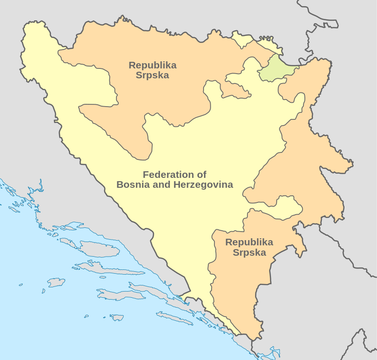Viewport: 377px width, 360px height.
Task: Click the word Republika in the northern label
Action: click(x=152, y=65)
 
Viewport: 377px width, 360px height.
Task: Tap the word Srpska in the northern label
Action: click(x=152, y=75)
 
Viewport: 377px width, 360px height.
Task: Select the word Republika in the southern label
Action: click(x=249, y=242)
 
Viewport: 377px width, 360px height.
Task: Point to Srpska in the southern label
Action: click(x=249, y=252)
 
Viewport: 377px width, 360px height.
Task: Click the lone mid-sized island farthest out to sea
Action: click(x=56, y=283)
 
